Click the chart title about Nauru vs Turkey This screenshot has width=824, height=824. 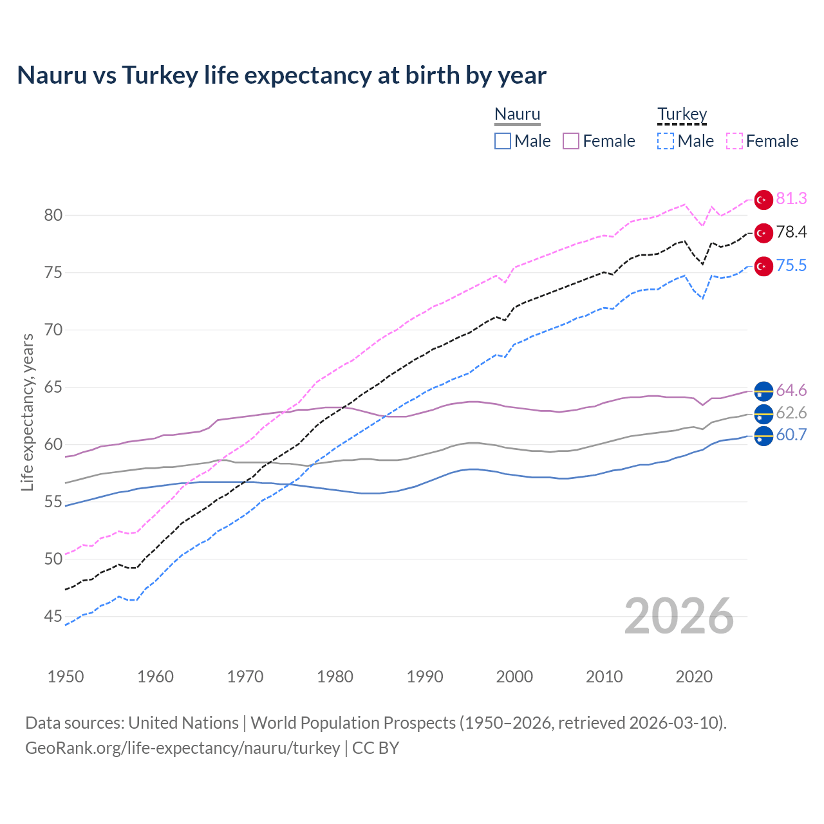[x=281, y=75]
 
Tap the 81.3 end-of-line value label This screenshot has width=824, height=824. [x=791, y=199]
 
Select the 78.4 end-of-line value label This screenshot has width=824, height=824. [x=791, y=232]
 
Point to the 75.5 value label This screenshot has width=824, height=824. [x=791, y=266]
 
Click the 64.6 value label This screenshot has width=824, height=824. [x=791, y=391]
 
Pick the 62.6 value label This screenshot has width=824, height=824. [x=791, y=413]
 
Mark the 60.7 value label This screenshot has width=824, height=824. [x=791, y=435]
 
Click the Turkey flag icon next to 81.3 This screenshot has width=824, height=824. [x=763, y=200]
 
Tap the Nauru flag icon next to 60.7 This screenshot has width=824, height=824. [x=763, y=436]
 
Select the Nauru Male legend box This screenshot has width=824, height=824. [x=503, y=141]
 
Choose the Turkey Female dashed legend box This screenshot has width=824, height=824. [x=735, y=141]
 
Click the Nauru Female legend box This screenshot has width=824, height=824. [x=571, y=141]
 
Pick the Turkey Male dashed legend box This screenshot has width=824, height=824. [x=666, y=141]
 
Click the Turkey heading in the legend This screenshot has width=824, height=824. [x=682, y=114]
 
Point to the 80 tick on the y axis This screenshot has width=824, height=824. [x=53, y=216]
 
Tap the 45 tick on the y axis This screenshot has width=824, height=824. [x=53, y=617]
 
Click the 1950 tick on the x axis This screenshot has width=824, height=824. [x=66, y=677]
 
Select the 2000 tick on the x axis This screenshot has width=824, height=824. [x=514, y=677]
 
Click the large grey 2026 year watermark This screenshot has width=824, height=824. [x=679, y=616]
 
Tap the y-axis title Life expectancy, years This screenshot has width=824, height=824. [x=28, y=412]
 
